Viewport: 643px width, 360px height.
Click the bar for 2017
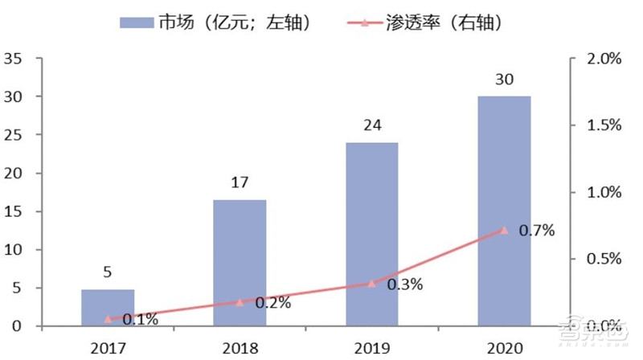pyautogui.click(x=108, y=307)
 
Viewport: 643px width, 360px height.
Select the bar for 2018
pyautogui.click(x=240, y=263)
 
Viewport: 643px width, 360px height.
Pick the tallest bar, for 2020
pyautogui.click(x=504, y=211)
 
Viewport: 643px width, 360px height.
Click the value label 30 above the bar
pyautogui.click(x=504, y=80)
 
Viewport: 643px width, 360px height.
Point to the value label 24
pyautogui.click(x=371, y=125)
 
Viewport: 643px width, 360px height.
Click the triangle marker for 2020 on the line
pyautogui.click(x=504, y=230)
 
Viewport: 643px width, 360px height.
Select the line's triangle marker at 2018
pyautogui.click(x=240, y=302)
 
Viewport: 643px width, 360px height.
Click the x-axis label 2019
pyautogui.click(x=371, y=348)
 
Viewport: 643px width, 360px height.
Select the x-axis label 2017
pyautogui.click(x=108, y=348)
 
